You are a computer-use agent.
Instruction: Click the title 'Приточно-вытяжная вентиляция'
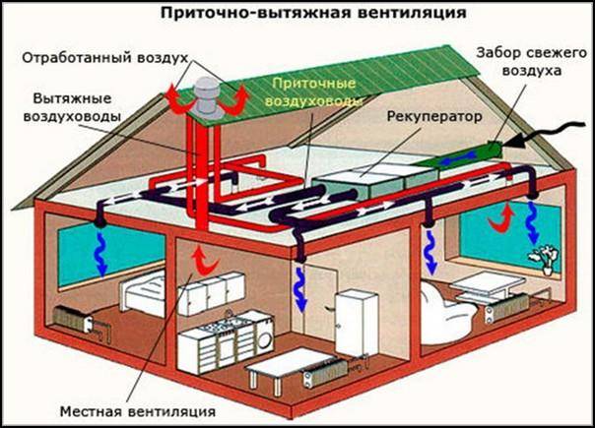[313, 13]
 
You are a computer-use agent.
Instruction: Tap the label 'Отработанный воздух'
[105, 58]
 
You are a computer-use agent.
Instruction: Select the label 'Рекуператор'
[434, 116]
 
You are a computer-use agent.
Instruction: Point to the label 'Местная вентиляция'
[138, 411]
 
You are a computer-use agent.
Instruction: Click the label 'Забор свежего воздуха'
[532, 61]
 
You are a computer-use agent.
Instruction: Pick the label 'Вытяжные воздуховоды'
[72, 107]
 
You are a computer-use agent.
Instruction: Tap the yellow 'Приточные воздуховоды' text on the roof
[313, 92]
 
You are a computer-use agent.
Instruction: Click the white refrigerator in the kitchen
[356, 323]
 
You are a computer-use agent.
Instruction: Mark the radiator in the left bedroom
[73, 320]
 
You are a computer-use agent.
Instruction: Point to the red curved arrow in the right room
[501, 218]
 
